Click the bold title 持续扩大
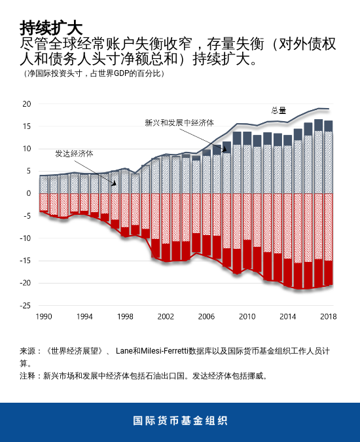(51, 28)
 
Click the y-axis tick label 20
(26, 104)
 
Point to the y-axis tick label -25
(25, 306)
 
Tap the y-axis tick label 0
(28, 194)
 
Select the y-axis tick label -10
(25, 238)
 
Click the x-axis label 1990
(44, 316)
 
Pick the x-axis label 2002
(166, 316)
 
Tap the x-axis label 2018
(328, 316)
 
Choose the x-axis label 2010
(247, 316)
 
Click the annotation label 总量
(279, 110)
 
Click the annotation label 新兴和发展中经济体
(179, 122)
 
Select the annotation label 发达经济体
(74, 153)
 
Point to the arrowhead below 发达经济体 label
(114, 184)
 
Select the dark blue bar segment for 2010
(247, 138)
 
